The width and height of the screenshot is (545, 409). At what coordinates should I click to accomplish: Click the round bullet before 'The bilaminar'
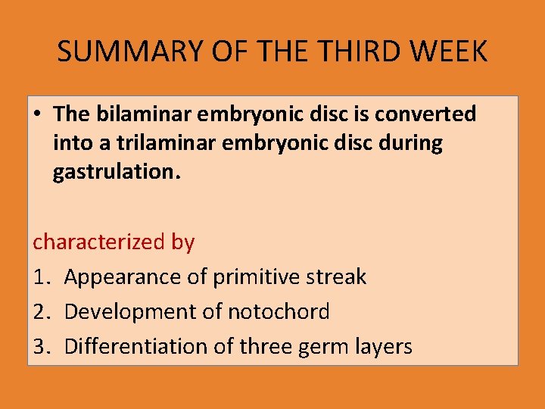pyautogui.click(x=37, y=115)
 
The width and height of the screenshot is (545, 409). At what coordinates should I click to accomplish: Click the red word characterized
pyautogui.click(x=88, y=242)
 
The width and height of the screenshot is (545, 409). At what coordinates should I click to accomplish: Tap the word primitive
pyautogui.click(x=257, y=277)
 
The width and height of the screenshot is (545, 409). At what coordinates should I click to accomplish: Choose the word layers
pyautogui.click(x=386, y=348)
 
